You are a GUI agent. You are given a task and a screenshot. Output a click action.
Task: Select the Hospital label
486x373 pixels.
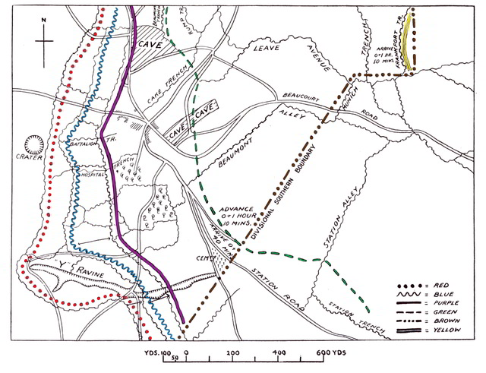pyautogui.click(x=92, y=174)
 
